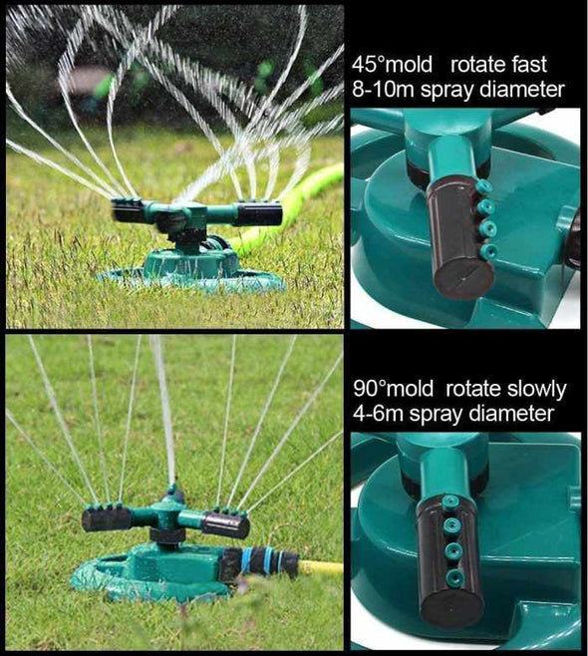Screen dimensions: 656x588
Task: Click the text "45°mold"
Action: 393,66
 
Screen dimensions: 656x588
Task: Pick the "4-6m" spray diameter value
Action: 376,413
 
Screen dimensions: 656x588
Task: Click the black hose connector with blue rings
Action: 262,560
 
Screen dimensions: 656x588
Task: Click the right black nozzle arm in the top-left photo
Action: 259,212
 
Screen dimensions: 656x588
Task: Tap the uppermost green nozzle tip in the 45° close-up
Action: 483,186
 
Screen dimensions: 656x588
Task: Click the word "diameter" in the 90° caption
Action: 509,413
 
